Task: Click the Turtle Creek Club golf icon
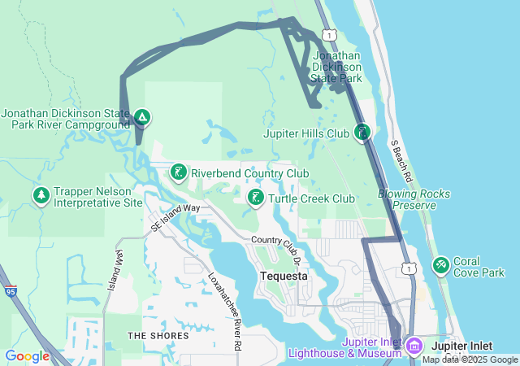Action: (x=255, y=198)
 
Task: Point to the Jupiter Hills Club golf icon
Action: (x=362, y=132)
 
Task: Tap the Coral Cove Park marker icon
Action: (x=441, y=265)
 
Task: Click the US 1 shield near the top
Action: (x=327, y=34)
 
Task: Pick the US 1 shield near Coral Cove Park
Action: (x=409, y=268)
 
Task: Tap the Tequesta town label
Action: (x=283, y=277)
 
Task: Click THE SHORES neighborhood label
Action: (x=158, y=335)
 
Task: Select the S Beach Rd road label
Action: (x=402, y=160)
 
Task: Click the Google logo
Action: (x=27, y=356)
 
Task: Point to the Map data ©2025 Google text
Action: (x=470, y=359)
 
